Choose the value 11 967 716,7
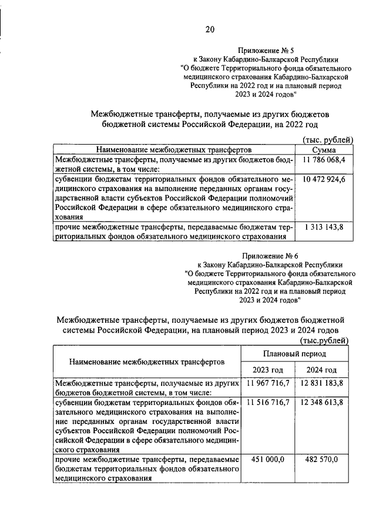coord(268,384)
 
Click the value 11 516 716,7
coord(268,403)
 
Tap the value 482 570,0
coord(322,460)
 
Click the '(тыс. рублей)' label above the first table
coord(327,140)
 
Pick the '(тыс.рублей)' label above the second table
coord(324,340)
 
